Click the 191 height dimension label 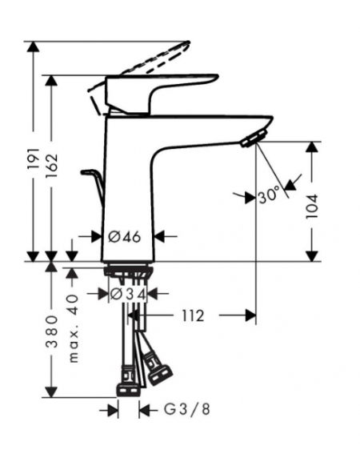(x=34, y=159)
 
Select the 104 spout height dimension (x=312, y=207)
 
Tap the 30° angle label (x=269, y=195)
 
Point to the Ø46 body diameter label (x=125, y=237)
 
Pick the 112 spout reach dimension (x=193, y=315)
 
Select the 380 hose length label (x=52, y=331)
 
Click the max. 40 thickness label (x=73, y=328)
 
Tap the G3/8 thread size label (x=186, y=409)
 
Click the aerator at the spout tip (x=254, y=139)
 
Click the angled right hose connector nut (x=160, y=374)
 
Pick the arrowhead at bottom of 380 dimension (x=52, y=392)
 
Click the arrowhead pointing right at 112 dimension (x=250, y=315)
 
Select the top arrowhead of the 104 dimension (x=312, y=147)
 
